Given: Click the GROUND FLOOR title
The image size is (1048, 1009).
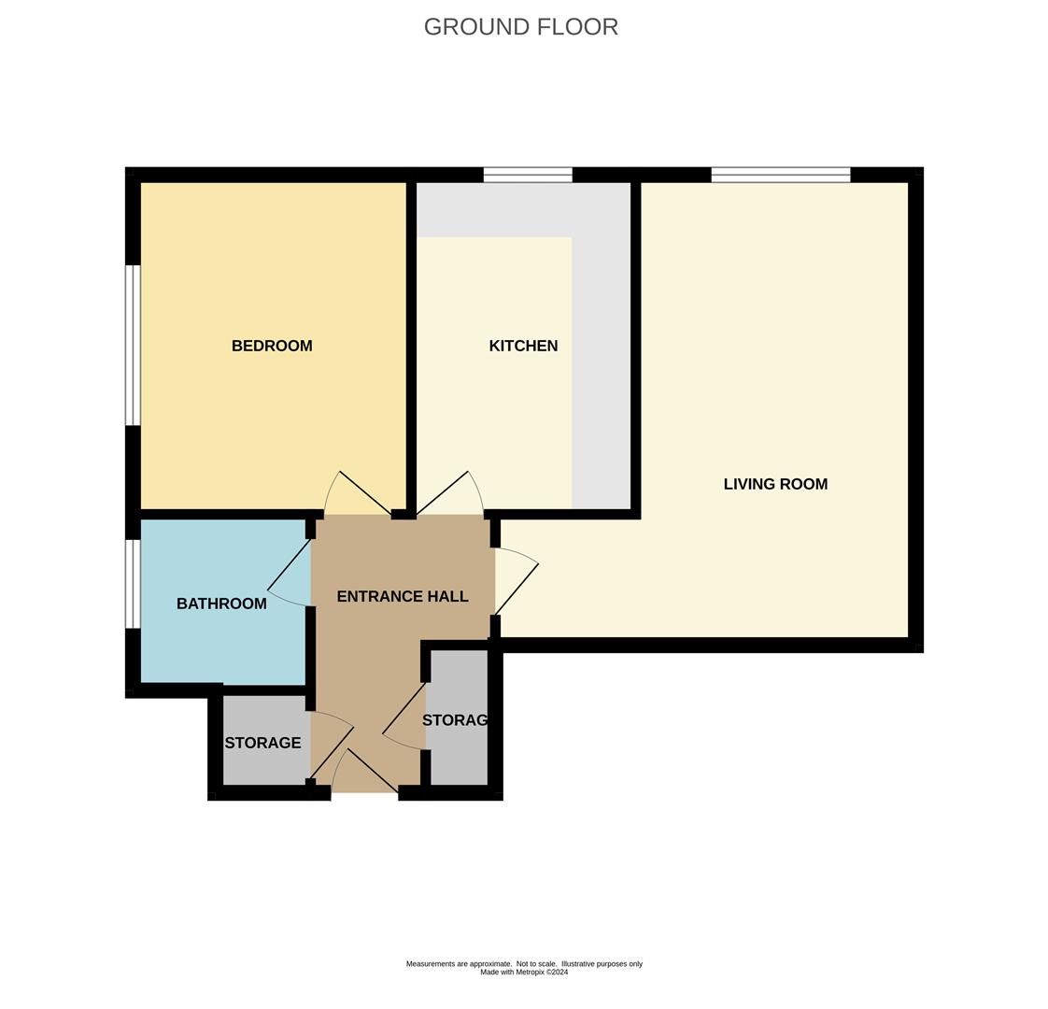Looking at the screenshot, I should tap(521, 27).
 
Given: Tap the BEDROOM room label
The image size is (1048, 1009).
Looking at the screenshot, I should tap(272, 346).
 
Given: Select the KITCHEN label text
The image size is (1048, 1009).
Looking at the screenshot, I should tap(523, 346).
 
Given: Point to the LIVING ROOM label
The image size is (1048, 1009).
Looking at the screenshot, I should tap(775, 484).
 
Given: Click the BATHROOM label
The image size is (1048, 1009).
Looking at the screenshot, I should tap(221, 604).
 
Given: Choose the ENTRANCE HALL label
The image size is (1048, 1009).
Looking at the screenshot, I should tap(403, 596).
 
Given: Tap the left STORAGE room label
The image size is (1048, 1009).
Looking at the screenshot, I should tap(262, 743).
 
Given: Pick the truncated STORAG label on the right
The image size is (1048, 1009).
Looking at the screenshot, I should tap(456, 720).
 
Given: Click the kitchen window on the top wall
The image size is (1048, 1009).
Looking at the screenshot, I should tap(528, 175).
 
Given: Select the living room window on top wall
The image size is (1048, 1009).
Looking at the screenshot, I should tap(781, 175).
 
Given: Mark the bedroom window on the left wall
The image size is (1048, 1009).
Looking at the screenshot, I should tap(133, 345).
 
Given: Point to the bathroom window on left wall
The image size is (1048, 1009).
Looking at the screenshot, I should tap(133, 584).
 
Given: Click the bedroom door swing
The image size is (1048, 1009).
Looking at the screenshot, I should tap(361, 493).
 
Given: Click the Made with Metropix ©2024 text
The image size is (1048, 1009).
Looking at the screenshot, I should tap(524, 973).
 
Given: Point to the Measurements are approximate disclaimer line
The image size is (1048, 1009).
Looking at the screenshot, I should tap(524, 963).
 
